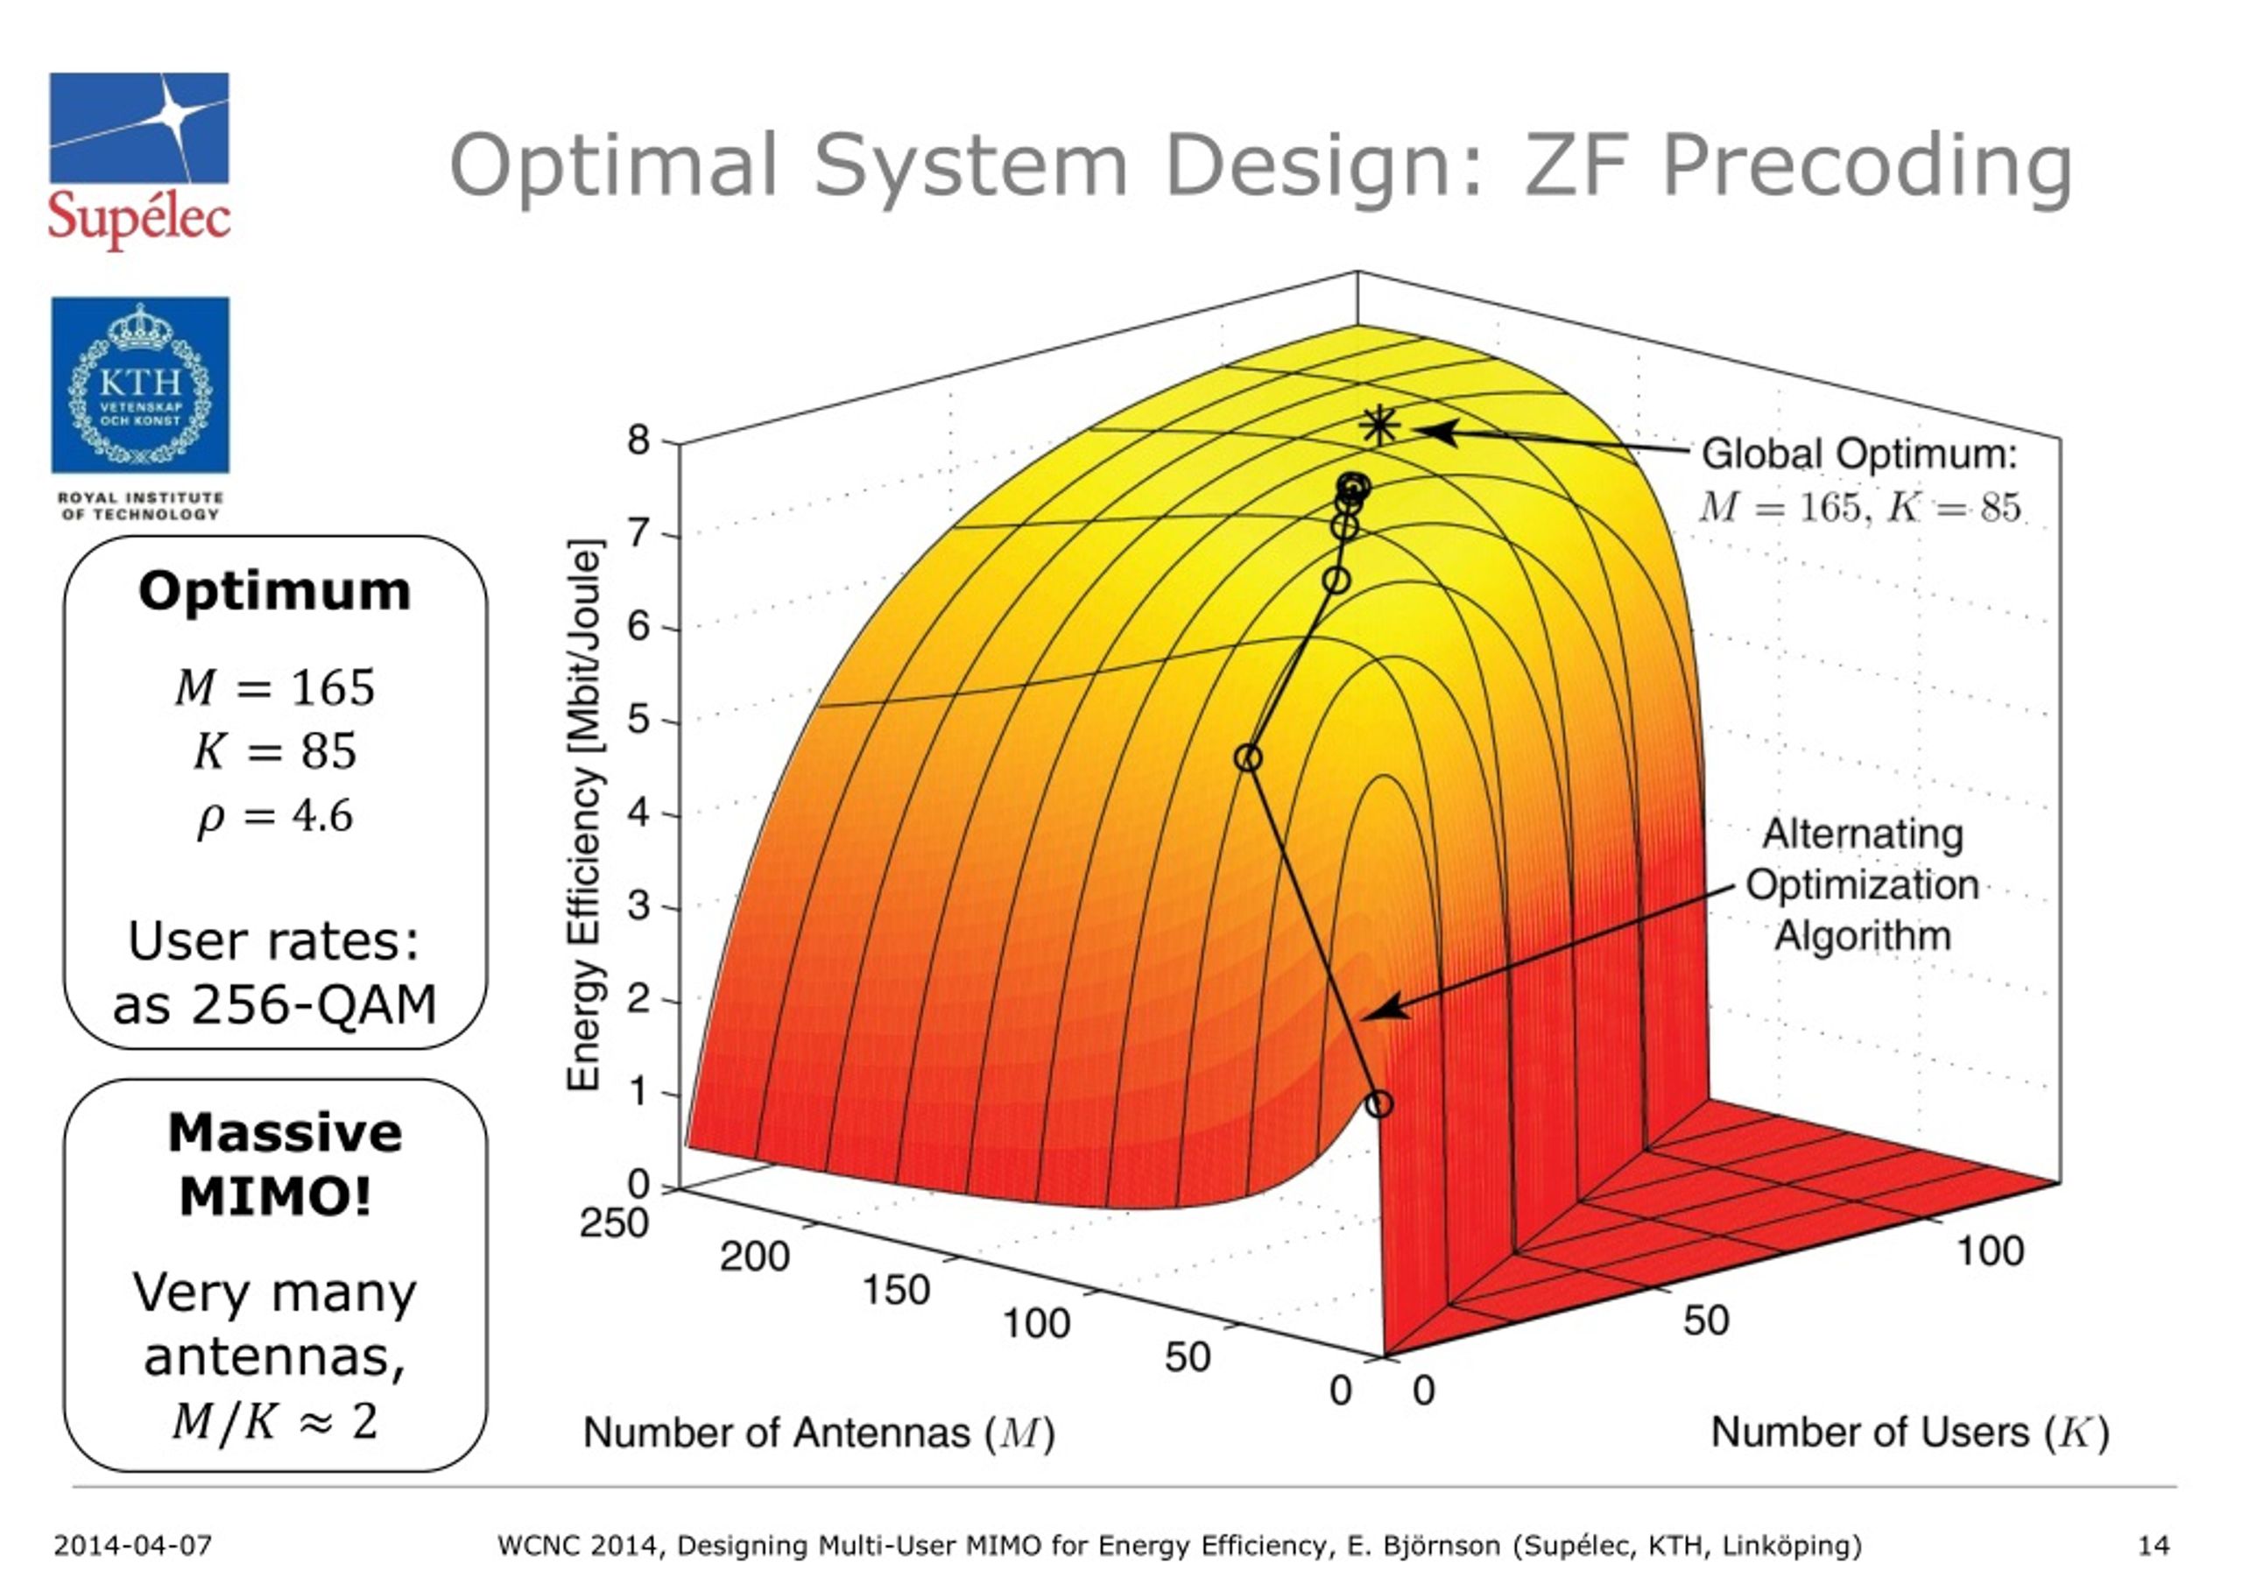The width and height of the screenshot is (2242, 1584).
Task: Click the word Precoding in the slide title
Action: (1866, 166)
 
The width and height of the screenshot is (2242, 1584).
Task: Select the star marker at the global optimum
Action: (1378, 426)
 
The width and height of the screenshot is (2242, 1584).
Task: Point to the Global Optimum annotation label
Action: (1858, 455)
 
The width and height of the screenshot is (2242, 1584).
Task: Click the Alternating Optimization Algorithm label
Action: (1862, 884)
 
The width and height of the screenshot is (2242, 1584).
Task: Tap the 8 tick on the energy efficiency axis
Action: (638, 440)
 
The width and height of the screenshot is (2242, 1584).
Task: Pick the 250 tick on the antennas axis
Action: (613, 1222)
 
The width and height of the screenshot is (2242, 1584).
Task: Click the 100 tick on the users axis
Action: (1990, 1252)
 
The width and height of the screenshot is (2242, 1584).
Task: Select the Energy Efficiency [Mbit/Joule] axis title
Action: (584, 814)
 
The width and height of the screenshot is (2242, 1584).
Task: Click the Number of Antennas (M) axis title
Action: (818, 1433)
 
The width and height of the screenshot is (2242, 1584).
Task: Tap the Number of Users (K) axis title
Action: (1910, 1433)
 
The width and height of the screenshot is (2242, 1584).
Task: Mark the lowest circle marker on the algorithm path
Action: (1378, 1104)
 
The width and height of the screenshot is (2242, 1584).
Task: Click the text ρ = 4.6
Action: (274, 816)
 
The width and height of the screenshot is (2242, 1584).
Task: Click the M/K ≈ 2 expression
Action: (274, 1421)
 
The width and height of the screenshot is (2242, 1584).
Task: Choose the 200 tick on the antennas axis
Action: (754, 1257)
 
